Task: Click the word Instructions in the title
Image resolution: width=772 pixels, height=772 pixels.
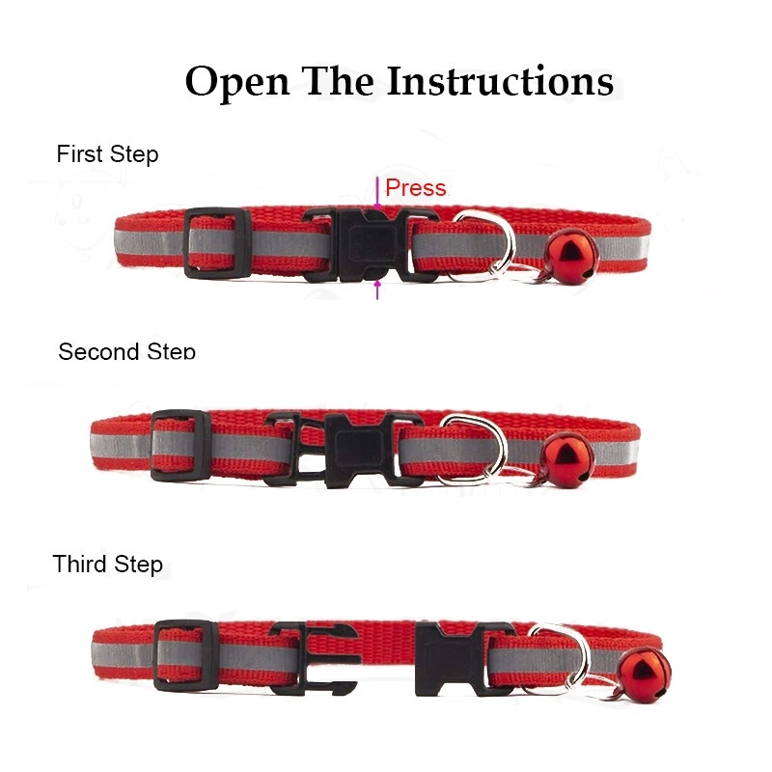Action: point(500,80)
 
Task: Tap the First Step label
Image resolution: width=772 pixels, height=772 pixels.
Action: point(107,154)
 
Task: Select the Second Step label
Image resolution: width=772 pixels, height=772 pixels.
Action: point(126,351)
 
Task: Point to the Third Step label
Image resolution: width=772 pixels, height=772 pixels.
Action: point(107,564)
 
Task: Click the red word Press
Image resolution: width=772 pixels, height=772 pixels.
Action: point(416,187)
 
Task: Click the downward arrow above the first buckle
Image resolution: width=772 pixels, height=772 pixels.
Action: point(377,194)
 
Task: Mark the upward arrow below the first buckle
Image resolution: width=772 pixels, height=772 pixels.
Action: point(377,289)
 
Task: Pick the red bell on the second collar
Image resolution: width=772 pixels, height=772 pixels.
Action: point(566,459)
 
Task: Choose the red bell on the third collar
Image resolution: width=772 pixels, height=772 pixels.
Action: point(644,675)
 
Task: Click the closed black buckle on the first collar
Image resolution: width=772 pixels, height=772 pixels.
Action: point(371,245)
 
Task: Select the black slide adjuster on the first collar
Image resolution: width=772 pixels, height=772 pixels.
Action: point(217,243)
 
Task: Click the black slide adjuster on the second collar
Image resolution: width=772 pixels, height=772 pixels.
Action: point(180,446)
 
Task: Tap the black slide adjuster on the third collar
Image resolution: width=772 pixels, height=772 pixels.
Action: point(185,656)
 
